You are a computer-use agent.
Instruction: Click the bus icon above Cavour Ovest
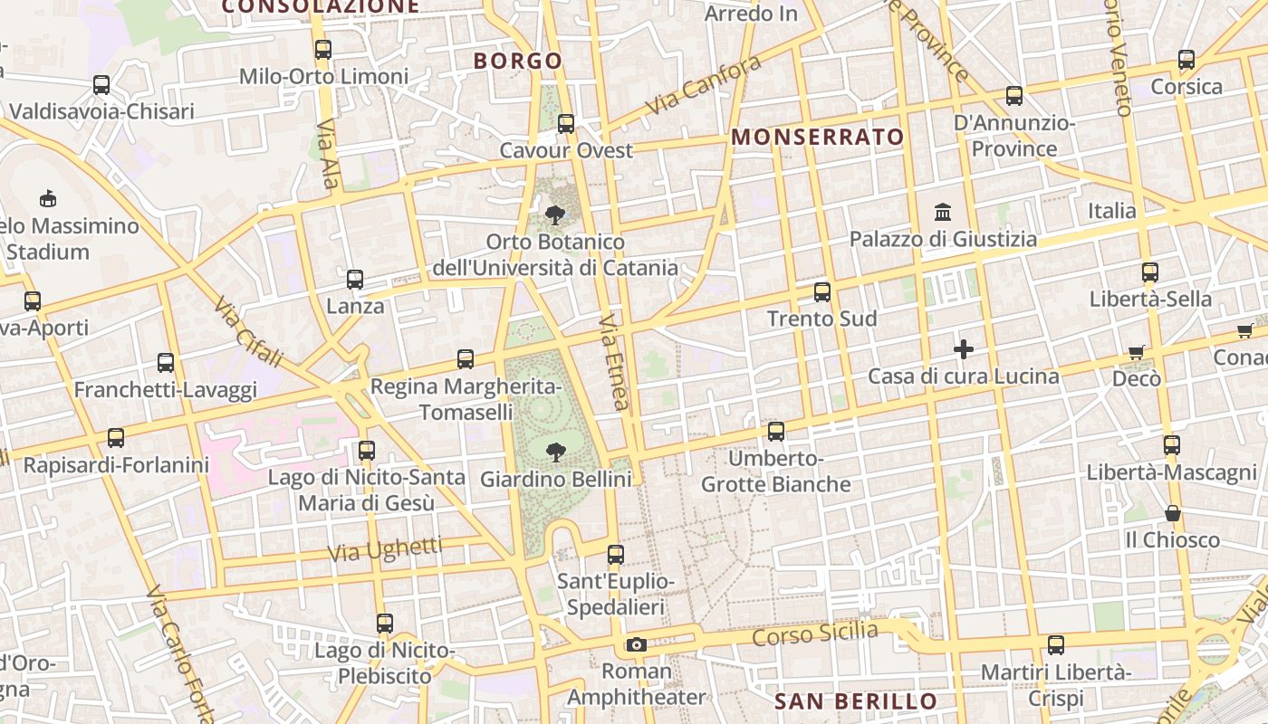pos(566,124)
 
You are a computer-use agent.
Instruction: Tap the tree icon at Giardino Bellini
pos(555,452)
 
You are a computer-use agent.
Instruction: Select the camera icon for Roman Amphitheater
pos(637,644)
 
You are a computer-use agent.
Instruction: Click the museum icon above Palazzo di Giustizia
pos(943,212)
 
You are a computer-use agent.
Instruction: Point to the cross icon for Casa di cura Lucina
pos(964,348)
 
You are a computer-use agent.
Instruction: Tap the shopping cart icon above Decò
pos(1137,351)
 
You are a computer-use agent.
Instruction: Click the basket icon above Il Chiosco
pos(1173,513)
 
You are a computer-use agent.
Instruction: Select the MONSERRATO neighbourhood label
pos(817,138)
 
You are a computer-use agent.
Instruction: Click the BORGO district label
pos(518,62)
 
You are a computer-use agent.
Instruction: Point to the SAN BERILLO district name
pos(856,701)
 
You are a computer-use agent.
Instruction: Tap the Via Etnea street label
pos(613,362)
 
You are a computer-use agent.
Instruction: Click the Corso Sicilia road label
pos(815,633)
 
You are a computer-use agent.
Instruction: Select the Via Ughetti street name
pos(385,548)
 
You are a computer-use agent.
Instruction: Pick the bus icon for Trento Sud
pos(822,292)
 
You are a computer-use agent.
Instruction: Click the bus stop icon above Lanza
pos(355,280)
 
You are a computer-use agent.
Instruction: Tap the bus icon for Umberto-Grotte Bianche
pos(776,432)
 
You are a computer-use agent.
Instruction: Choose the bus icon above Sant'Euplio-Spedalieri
pos(616,554)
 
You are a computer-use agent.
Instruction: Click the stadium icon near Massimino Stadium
pos(48,198)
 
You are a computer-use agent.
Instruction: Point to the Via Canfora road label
pos(704,87)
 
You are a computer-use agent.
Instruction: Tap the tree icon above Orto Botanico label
pos(555,215)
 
